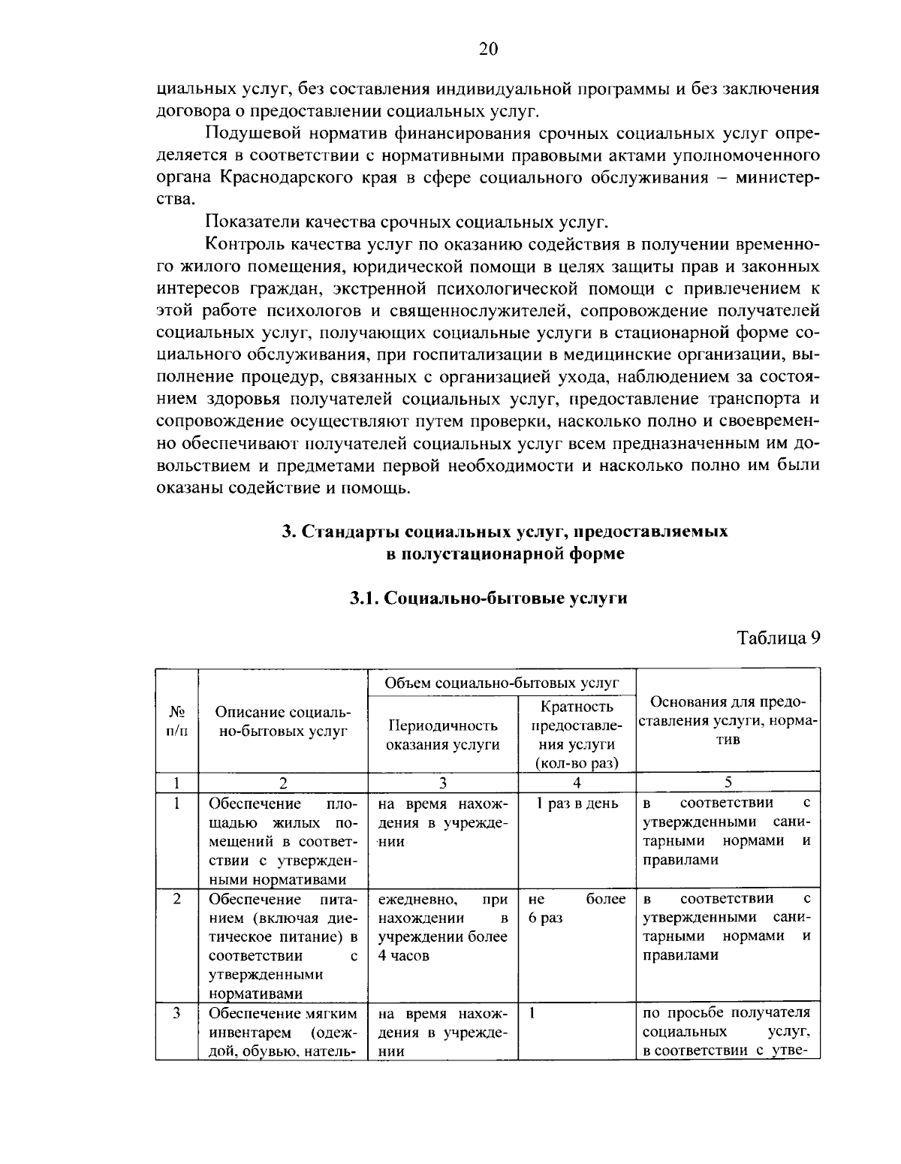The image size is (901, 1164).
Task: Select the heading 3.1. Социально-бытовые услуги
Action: tap(488, 598)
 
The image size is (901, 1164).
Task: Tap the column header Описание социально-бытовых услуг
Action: tap(282, 720)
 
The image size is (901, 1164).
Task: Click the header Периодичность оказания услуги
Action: tap(442, 734)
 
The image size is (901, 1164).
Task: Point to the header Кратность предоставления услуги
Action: tap(577, 734)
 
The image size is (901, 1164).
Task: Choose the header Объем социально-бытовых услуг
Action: tap(502, 683)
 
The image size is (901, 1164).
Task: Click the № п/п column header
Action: tap(176, 720)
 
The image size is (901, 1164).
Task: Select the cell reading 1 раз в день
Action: tap(577, 804)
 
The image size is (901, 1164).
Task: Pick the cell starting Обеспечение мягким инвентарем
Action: tap(282, 1032)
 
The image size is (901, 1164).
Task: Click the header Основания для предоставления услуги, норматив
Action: tap(728, 720)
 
